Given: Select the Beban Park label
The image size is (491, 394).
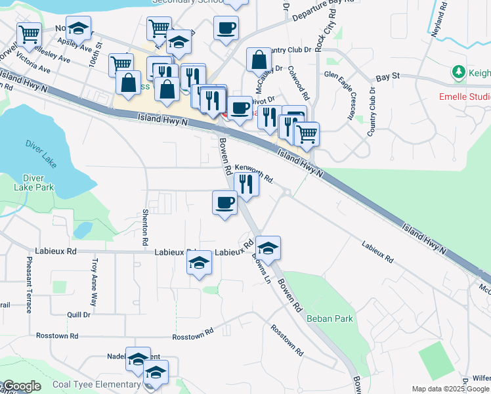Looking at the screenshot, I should (x=330, y=319).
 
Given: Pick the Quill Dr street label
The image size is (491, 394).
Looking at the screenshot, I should (x=79, y=315).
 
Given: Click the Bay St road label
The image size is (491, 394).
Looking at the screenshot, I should (x=388, y=77).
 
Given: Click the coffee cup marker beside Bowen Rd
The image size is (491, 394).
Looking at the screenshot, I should (x=224, y=202).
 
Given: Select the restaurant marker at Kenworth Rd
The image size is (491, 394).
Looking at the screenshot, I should (x=246, y=184).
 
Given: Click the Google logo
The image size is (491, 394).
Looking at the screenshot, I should (x=22, y=386).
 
